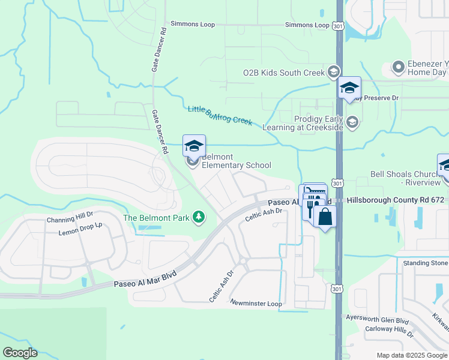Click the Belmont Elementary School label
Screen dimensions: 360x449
coord(236,161)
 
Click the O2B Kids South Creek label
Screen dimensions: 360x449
coord(283,73)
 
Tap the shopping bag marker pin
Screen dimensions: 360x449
coord(325,217)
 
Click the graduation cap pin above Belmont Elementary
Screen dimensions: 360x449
coord(194,146)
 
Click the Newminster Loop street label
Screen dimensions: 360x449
coord(256,304)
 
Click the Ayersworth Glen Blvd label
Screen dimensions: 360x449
coord(377,320)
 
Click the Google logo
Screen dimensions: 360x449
coord(19,353)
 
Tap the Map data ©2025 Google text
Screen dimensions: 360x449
coord(412,355)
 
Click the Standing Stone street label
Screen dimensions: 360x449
coord(426,263)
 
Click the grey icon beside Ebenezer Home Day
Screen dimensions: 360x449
coord(397,67)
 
